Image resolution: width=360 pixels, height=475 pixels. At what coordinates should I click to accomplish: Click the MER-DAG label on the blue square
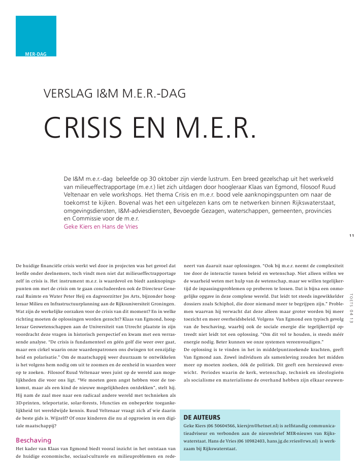[36, 53]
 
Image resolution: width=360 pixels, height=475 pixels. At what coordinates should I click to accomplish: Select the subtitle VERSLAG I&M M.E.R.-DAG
[115, 93]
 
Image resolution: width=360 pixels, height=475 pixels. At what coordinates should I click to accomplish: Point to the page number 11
[351, 235]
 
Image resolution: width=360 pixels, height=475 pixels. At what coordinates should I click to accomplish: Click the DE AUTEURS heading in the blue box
[202, 417]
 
